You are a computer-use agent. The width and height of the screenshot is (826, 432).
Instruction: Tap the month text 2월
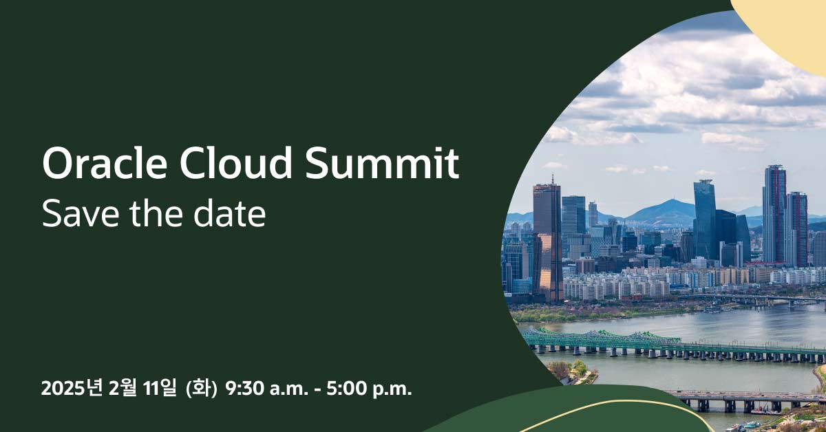tap(122, 389)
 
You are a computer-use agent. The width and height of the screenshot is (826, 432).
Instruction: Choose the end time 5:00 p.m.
tap(365, 389)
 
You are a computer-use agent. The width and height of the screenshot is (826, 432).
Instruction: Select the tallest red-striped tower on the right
tap(774, 213)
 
